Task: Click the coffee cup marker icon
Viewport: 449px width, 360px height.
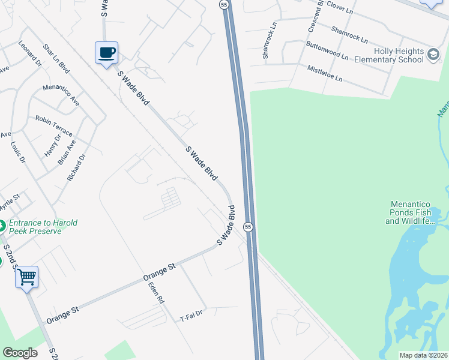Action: [107, 53]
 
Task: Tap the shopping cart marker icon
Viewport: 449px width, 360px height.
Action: [26, 277]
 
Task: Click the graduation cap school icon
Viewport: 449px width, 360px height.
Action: [433, 56]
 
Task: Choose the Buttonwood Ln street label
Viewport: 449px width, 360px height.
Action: [327, 50]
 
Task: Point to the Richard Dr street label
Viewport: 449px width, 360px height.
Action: [76, 167]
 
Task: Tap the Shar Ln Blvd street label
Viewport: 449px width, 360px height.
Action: [56, 58]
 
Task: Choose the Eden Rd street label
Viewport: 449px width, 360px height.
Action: [156, 292]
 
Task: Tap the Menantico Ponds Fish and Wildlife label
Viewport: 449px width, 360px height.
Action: [417, 212]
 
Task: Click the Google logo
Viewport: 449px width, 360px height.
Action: [20, 353]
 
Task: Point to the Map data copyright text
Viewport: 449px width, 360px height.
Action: [423, 355]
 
